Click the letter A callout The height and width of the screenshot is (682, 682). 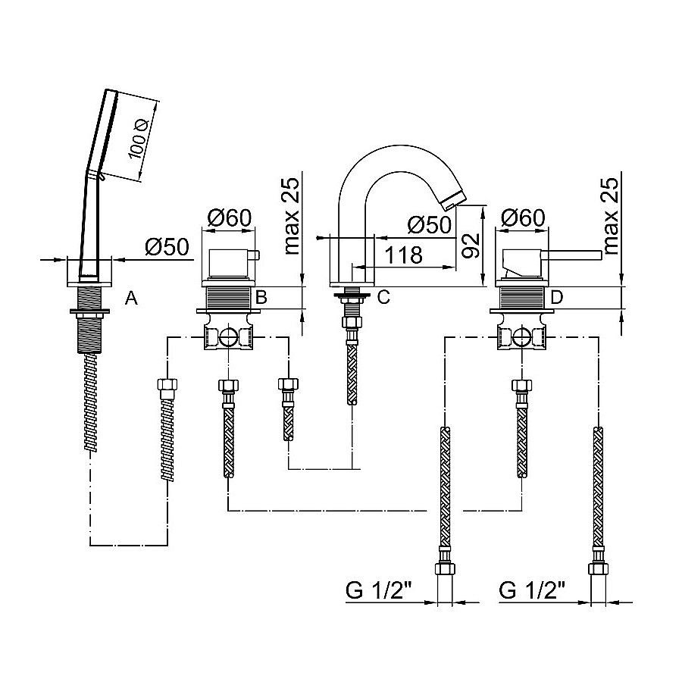point(131,299)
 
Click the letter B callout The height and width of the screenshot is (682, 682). point(260,298)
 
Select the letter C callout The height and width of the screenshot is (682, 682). point(383,298)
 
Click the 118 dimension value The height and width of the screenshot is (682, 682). point(403,255)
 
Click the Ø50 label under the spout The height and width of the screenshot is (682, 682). point(428,225)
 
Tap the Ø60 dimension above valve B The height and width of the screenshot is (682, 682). point(228,217)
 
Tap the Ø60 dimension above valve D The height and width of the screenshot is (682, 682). point(523,217)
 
